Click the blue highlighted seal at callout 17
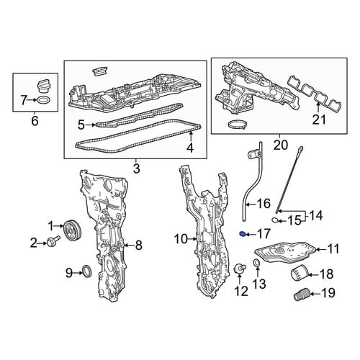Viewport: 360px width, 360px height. point(243,234)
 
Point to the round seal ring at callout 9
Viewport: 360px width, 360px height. point(87,271)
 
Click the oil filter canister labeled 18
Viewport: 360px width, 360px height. point(300,273)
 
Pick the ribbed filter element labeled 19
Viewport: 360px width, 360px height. point(302,293)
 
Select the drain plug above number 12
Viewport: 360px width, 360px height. point(240,269)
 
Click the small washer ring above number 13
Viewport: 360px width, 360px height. point(257,264)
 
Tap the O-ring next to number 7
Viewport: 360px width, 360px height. point(44,99)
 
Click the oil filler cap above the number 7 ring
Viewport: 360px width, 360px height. point(44,86)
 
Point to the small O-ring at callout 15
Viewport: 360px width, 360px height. point(276,219)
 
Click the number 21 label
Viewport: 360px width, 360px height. point(319,120)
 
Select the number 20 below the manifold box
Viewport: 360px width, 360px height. point(280,145)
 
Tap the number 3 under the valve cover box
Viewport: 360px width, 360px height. point(136,168)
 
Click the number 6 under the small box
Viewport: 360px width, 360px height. point(35,121)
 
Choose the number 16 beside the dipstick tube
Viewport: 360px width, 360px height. point(264,204)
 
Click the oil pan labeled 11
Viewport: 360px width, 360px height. point(284,251)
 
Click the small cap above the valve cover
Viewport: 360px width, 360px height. point(100,72)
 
